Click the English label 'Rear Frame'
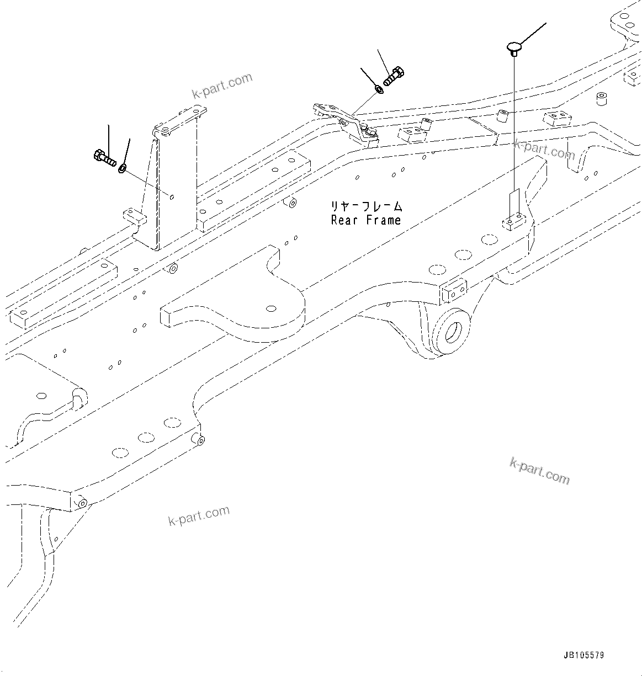click(x=365, y=220)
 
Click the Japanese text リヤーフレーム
click(x=367, y=207)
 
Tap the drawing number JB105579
click(x=583, y=655)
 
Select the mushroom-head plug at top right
click(x=514, y=47)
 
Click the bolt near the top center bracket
click(x=395, y=76)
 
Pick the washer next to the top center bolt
click(x=379, y=88)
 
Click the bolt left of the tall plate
click(x=103, y=157)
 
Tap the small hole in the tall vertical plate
click(x=173, y=196)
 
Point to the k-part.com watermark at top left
click(x=222, y=86)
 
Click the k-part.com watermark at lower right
click(x=539, y=470)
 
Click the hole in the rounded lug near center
click(x=271, y=308)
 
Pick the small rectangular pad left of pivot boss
click(x=454, y=291)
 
